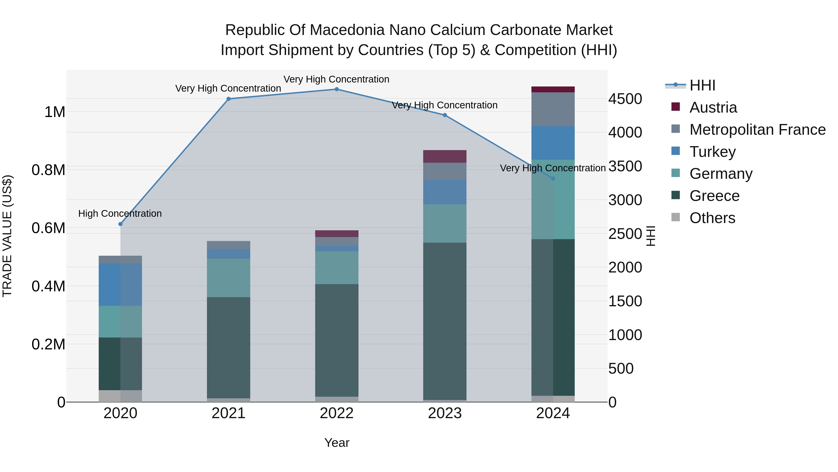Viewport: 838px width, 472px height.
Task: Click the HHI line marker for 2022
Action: click(x=337, y=89)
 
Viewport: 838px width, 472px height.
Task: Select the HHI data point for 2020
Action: click(x=120, y=224)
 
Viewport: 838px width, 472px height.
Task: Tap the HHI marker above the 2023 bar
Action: click(x=445, y=115)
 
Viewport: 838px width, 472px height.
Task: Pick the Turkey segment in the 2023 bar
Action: click(x=445, y=192)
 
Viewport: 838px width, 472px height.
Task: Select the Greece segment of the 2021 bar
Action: click(x=228, y=347)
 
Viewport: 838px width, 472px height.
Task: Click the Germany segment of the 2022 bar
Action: click(x=337, y=267)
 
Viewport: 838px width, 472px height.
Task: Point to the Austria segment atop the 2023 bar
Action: click(x=445, y=156)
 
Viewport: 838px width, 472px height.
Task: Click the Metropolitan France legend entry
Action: click(x=757, y=130)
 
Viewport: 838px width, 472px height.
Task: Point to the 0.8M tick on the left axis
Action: click(x=48, y=170)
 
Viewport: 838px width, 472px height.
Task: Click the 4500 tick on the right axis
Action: click(x=625, y=99)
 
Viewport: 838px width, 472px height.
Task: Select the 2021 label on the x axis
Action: click(x=228, y=413)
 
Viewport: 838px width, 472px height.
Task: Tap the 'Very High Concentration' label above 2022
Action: click(x=336, y=79)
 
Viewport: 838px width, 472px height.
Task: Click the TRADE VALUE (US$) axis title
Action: click(x=7, y=236)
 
